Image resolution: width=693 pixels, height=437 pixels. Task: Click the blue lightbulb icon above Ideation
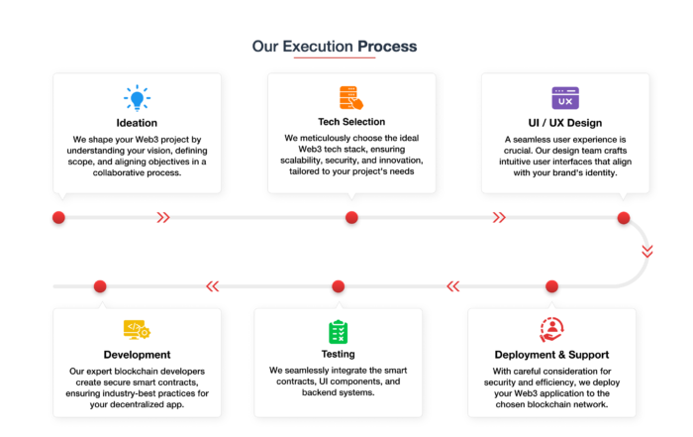(137, 97)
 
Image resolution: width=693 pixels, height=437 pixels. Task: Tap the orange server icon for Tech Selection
(351, 98)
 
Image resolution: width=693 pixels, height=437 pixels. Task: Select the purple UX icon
(565, 98)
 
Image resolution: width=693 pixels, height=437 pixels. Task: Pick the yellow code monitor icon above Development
(137, 330)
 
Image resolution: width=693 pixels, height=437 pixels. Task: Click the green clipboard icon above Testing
(339, 332)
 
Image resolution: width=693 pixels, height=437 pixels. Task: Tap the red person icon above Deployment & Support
(551, 330)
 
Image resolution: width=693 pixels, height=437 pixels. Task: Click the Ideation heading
(137, 123)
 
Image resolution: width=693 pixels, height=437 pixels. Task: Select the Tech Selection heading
(351, 122)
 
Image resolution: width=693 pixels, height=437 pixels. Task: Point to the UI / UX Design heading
(565, 123)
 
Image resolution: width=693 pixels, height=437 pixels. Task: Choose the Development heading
(137, 355)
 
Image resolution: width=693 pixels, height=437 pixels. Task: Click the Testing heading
(339, 354)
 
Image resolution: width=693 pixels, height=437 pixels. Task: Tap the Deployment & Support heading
(551, 355)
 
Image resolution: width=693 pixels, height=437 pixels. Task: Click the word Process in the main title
(387, 47)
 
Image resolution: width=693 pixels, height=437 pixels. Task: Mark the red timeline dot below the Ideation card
(58, 218)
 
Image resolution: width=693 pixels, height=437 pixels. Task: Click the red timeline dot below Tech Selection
(351, 218)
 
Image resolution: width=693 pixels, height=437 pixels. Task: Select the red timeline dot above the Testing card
(339, 286)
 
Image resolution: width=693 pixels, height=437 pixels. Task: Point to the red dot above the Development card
(100, 286)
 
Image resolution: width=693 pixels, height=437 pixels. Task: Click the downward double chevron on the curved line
(647, 252)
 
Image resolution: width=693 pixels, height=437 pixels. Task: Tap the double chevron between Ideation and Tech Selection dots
(163, 218)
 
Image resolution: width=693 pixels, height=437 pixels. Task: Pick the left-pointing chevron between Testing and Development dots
(213, 286)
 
